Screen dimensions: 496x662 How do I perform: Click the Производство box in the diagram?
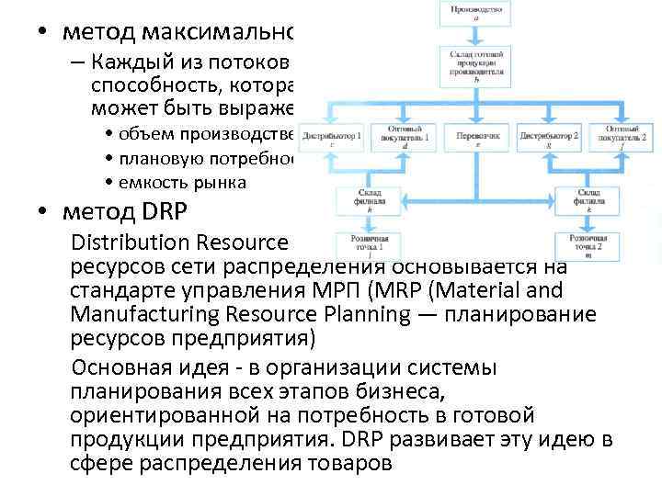pyautogui.click(x=476, y=13)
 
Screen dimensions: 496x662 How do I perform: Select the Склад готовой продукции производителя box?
pyautogui.click(x=476, y=66)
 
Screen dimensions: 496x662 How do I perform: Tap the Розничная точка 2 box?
pyautogui.click(x=588, y=245)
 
